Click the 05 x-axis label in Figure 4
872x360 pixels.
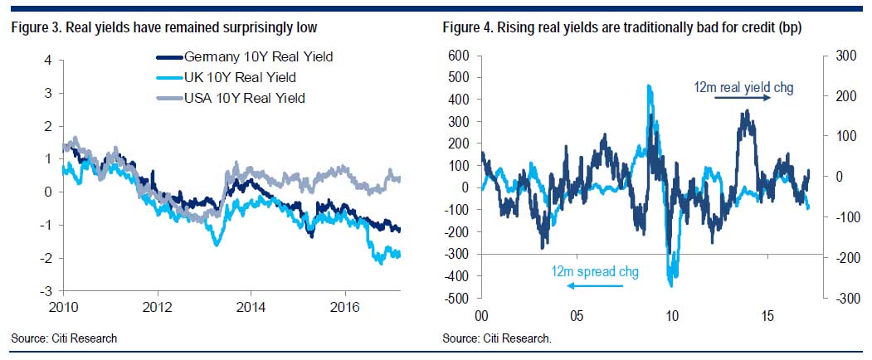pos(577,316)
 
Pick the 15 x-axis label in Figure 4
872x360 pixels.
pos(767,316)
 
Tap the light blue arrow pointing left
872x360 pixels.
pos(593,287)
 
